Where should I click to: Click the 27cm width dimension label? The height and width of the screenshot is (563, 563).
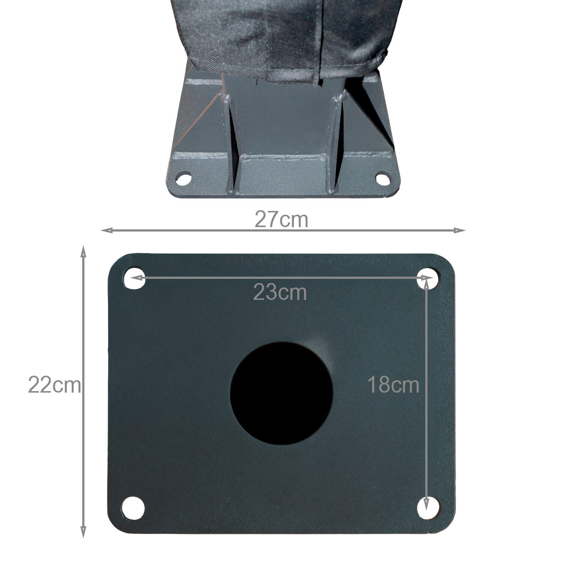[281, 220]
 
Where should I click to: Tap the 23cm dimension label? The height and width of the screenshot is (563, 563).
[280, 292]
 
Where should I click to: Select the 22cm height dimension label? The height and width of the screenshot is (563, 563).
[54, 385]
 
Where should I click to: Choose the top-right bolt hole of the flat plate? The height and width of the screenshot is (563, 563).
[428, 278]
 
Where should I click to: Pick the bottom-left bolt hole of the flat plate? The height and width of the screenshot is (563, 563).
[133, 508]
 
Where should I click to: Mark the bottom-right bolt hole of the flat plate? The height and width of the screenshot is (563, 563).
[428, 508]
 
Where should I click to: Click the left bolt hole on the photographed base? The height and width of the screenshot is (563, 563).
[184, 178]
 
